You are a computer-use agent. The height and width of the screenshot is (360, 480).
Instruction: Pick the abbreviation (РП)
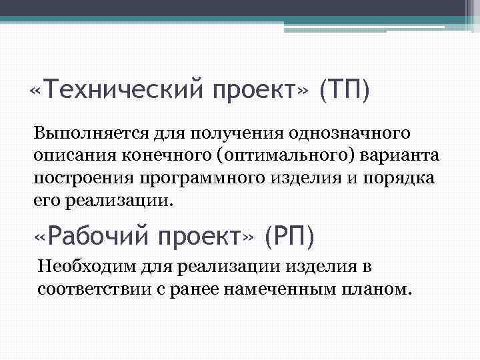290,235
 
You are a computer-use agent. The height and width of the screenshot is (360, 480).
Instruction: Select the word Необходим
86,267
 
